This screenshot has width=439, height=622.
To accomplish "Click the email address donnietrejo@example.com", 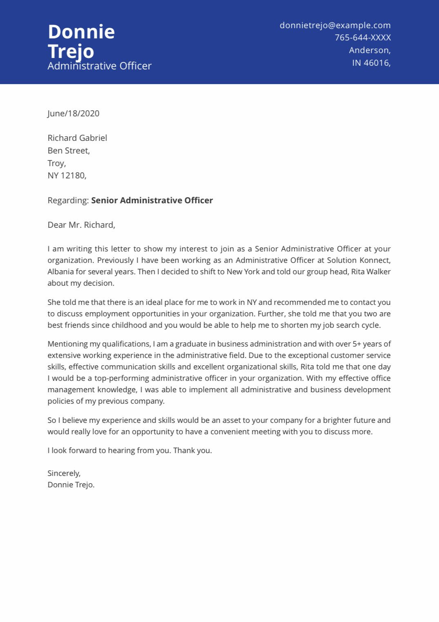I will (x=335, y=25).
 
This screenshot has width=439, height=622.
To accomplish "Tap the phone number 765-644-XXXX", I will (x=363, y=38).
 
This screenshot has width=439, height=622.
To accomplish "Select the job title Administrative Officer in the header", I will (x=99, y=66).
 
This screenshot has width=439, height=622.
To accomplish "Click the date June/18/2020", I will (x=74, y=113).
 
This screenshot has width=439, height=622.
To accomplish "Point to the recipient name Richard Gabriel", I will (x=77, y=138).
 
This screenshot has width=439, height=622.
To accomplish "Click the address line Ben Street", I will (x=68, y=151).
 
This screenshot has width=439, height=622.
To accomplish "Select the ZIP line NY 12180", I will (x=67, y=175).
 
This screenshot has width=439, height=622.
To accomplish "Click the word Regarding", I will (x=68, y=200).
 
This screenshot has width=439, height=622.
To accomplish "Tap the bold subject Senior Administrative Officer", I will (x=152, y=200).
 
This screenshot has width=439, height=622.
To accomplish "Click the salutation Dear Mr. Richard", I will (x=81, y=225).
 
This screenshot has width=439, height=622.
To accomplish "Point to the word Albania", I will (x=61, y=272).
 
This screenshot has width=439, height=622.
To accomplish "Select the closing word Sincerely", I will (x=64, y=473).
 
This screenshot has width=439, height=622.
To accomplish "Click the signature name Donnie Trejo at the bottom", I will (x=71, y=485).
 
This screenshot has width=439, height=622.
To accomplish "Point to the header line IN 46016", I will (x=371, y=63).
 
